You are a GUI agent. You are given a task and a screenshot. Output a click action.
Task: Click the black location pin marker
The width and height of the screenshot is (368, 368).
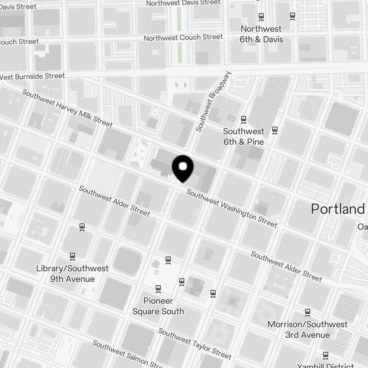[183, 168]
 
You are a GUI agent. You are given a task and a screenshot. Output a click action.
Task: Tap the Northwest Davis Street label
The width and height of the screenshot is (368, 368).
[183, 3]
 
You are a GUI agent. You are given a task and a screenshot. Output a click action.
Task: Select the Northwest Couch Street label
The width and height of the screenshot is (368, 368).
[183, 38]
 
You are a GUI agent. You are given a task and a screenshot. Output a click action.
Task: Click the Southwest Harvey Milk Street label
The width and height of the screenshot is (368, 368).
[67, 108]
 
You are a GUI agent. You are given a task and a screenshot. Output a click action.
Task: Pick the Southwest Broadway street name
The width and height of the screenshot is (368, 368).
[214, 101]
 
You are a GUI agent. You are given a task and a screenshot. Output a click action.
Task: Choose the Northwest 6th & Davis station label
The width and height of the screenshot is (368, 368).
[261, 34]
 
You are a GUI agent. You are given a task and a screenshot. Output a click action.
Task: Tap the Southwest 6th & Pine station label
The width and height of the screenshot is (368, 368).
[244, 136]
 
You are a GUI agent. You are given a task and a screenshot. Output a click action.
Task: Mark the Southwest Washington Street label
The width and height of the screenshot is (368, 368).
[231, 208]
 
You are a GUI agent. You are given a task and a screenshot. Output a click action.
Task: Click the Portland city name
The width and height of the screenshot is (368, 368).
[337, 209]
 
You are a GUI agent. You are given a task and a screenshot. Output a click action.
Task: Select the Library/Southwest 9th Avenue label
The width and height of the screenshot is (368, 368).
[72, 273]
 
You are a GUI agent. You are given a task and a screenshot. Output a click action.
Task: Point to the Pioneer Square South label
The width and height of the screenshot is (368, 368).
[158, 306]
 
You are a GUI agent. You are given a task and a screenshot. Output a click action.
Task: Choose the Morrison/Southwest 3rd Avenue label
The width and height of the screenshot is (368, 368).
[308, 329]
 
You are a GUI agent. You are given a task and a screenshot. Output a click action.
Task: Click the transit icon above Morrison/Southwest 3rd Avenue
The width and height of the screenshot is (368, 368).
[308, 313]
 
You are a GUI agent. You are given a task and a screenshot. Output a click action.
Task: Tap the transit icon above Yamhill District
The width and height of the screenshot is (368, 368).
[326, 355]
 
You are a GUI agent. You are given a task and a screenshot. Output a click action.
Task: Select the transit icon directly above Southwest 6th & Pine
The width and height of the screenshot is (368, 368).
[243, 119]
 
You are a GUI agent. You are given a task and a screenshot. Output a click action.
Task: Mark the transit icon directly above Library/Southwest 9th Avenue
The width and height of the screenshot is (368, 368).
[72, 256]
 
